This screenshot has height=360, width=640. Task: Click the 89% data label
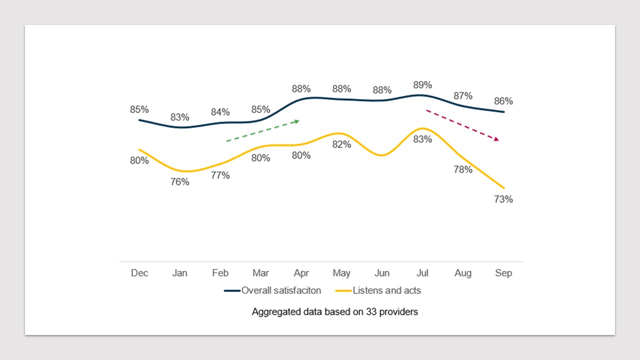coord(422,85)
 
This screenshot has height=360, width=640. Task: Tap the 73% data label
coord(503,199)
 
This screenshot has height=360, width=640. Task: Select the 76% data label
coord(180,182)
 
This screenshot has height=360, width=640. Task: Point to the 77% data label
coord(220,175)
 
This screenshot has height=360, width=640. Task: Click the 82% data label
coord(341,144)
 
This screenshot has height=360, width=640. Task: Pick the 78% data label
coord(463,169)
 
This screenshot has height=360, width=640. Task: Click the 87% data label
coord(463,96)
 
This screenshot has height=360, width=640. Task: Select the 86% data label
coord(503,101)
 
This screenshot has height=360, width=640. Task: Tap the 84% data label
coord(220,112)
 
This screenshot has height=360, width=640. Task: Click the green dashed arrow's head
coord(297,121)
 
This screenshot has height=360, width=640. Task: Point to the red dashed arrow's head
coord(496,139)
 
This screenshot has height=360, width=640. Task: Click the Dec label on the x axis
coord(139,273)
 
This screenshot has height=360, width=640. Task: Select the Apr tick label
coord(301,273)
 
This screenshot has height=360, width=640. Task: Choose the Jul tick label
coord(422,273)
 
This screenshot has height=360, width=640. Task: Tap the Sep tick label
coord(503,273)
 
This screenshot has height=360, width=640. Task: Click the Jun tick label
coord(382,273)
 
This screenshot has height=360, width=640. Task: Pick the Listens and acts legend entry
coord(378,290)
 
